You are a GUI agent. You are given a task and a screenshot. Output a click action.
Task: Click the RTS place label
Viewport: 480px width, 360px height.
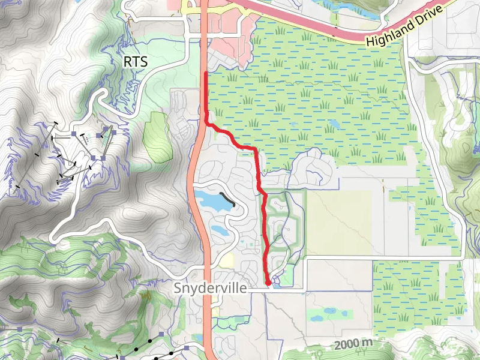pos(135,62)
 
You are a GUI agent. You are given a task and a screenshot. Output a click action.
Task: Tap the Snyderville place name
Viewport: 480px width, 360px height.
pos(210,288)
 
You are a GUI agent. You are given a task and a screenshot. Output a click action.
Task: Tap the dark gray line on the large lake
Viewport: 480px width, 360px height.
pos(227,199)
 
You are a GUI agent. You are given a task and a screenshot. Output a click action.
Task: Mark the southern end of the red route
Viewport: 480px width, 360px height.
pos(267,282)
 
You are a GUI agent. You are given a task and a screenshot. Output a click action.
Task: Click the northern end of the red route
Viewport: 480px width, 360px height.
pos(206,73)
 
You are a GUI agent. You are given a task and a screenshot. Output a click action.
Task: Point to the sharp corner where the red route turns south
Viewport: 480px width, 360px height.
pos(256,148)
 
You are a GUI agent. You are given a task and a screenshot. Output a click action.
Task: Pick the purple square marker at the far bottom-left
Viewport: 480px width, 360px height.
pos(20,329)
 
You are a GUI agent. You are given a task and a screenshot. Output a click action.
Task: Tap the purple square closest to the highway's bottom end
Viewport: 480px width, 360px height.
pos(187,347)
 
